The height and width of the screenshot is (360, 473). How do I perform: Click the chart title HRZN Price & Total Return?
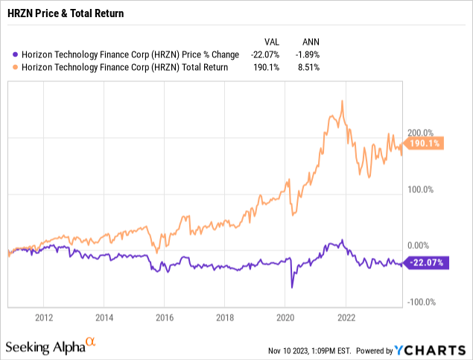click(x=65, y=13)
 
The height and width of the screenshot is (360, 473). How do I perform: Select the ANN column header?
click(x=314, y=42)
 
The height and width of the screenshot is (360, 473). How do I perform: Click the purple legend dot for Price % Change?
click(x=7, y=54)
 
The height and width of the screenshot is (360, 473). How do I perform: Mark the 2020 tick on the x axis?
click(x=286, y=317)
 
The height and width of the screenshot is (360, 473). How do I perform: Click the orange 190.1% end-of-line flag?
click(x=425, y=144)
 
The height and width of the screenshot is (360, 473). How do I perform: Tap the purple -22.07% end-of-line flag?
click(x=425, y=262)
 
